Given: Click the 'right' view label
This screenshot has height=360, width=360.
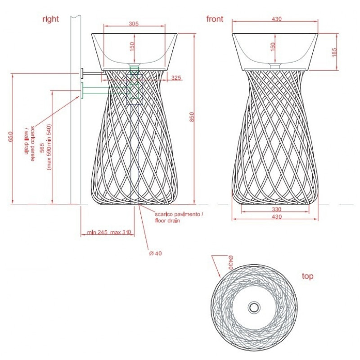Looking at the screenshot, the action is (50, 19).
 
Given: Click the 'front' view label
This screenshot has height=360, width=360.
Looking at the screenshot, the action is (215, 19).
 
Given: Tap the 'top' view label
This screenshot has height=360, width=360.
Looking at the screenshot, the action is (307, 276).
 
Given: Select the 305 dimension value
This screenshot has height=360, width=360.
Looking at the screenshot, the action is (134, 23).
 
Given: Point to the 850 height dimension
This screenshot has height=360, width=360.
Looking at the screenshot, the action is (192, 117).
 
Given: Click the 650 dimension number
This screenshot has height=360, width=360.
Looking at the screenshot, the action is (10, 137).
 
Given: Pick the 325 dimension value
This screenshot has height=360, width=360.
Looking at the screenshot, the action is (176, 77).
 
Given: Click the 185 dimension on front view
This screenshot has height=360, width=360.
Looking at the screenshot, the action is (334, 52).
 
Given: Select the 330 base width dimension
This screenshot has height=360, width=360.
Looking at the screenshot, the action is (276, 209).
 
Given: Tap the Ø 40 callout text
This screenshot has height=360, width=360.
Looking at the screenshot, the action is (155, 253).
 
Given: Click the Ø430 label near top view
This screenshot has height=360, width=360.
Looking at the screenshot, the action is (230, 262).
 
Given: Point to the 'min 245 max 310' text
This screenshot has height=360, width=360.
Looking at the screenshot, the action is (109, 232).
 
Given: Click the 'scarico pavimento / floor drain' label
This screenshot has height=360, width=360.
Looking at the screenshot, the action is (179, 217).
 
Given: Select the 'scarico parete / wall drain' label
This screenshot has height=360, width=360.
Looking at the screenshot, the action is (30, 143).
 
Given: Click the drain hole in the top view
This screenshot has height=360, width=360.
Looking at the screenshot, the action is (254, 307).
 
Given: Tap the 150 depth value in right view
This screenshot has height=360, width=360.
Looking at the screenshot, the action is (132, 47).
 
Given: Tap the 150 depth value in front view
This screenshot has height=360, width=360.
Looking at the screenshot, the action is (273, 47).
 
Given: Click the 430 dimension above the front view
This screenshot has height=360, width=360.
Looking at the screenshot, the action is (276, 19).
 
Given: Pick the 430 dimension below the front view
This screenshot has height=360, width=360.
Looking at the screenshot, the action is (276, 216).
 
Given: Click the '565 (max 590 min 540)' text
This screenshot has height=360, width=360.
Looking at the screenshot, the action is (46, 147).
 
